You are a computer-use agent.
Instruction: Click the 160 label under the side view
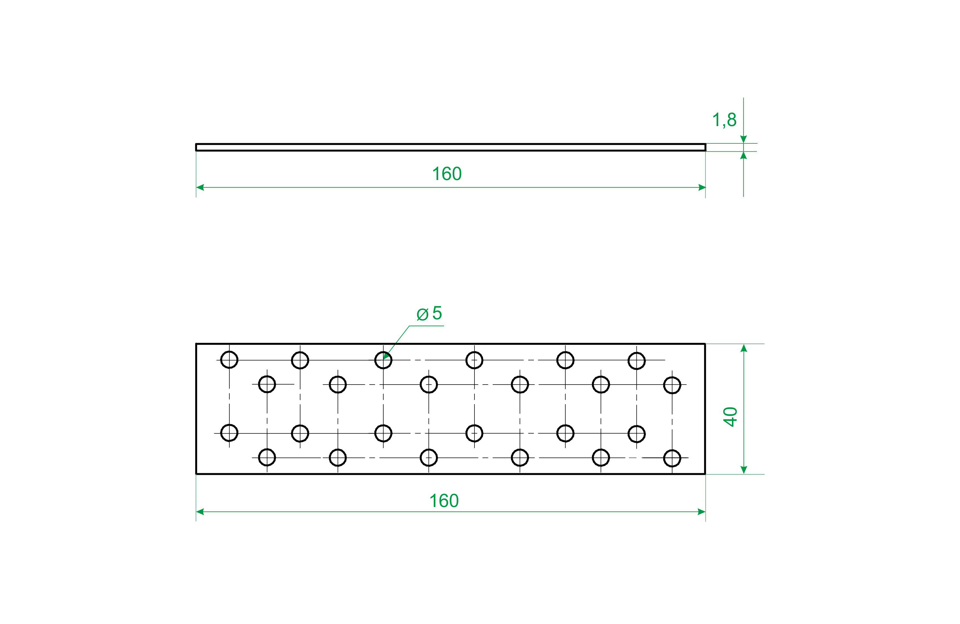(x=446, y=174)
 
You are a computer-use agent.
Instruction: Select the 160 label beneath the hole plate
(x=444, y=501)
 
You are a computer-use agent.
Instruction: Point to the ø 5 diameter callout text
(x=429, y=313)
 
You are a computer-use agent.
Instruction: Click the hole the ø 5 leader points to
(x=383, y=360)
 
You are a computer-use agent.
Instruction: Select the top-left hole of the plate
(x=229, y=359)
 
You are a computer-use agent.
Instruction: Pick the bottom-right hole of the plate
(x=672, y=458)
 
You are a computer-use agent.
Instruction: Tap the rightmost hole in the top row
(x=636, y=360)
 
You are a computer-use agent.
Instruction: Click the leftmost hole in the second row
(x=267, y=384)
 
